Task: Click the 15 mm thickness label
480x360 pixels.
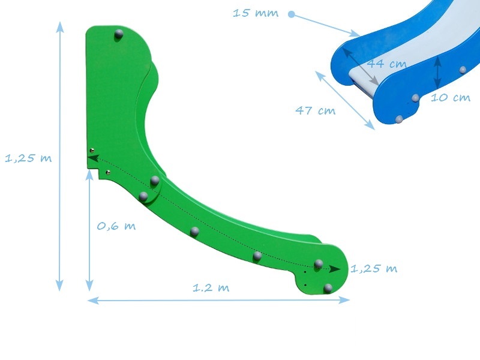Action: (256, 13)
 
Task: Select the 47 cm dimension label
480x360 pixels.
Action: (316, 110)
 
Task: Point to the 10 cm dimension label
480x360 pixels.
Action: (451, 97)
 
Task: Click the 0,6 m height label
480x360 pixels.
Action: (116, 226)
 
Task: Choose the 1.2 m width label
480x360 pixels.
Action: (211, 287)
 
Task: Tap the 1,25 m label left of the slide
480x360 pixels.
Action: (28, 158)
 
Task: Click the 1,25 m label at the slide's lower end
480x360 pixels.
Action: (374, 268)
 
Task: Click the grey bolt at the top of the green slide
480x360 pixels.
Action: (118, 35)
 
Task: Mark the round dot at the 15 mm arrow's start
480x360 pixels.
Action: (292, 14)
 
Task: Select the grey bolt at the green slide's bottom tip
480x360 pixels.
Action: (328, 289)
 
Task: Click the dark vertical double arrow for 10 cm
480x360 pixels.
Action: (438, 71)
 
